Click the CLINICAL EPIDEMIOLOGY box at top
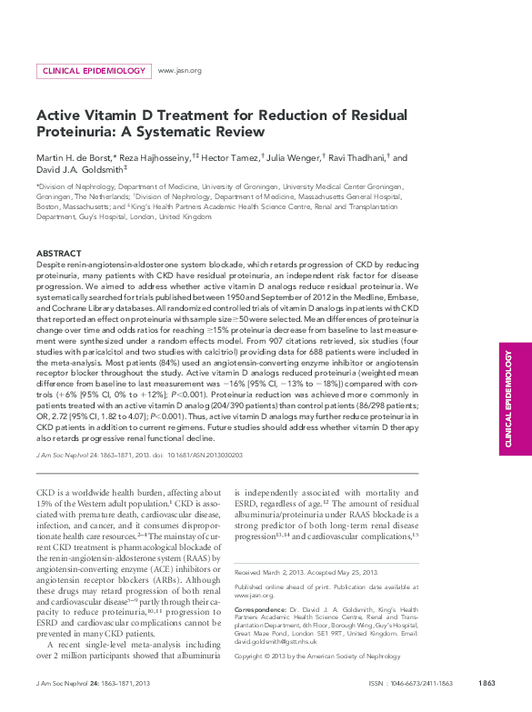click(x=94, y=71)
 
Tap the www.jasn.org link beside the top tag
click(x=179, y=71)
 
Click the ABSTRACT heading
click(x=58, y=253)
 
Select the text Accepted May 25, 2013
click(x=347, y=573)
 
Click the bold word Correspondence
click(x=260, y=598)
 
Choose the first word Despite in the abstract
click(x=51, y=262)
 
